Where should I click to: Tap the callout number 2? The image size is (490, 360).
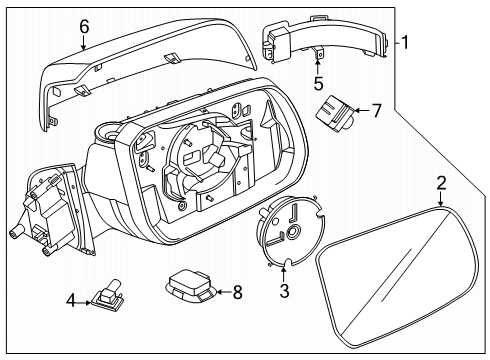click(441, 183)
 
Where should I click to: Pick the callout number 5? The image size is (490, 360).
click(319, 85)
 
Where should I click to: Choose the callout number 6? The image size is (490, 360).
click(83, 26)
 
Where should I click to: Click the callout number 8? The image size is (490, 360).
click(237, 292)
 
